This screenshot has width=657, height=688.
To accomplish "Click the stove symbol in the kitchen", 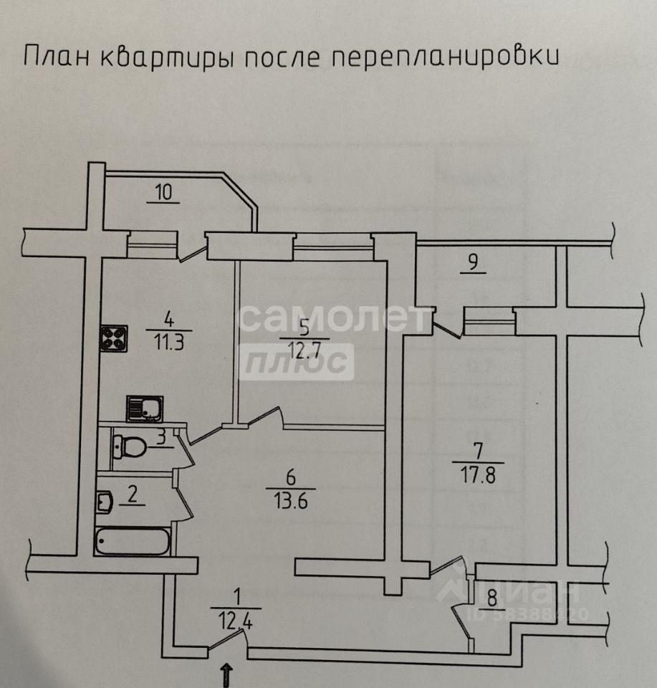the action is [113, 338].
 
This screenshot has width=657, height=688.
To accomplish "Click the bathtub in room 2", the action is [133, 542].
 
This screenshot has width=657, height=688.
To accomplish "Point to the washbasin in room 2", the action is [103, 501].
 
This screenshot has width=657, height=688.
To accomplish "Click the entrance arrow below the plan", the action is [227, 674].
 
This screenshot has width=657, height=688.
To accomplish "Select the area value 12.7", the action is [304, 350].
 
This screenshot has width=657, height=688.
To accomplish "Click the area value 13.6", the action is [290, 500].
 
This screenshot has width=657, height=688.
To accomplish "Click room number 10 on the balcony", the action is [163, 192].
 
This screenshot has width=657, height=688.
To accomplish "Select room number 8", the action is [491, 596].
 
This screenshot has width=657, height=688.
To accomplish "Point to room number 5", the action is [304, 328].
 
